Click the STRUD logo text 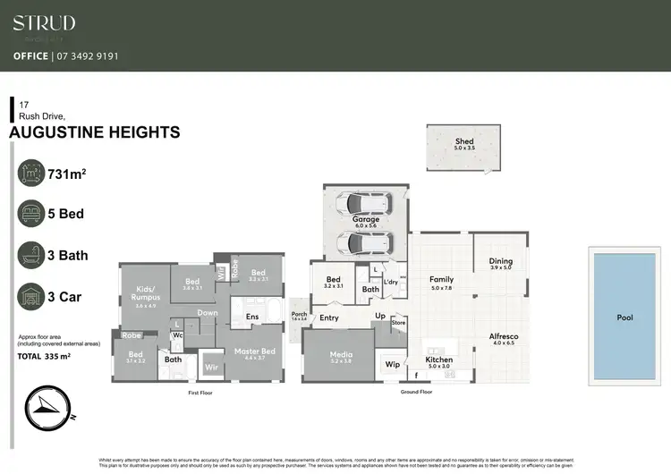44,23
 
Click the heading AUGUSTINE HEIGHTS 94,132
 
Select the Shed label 463,142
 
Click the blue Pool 624,317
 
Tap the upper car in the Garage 365,203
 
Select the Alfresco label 503,336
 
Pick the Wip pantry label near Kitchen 392,364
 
